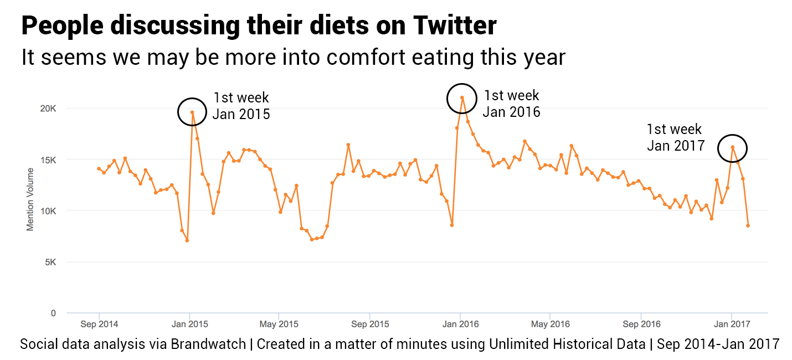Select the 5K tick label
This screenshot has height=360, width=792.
[50, 263]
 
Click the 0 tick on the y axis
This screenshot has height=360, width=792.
[53, 313]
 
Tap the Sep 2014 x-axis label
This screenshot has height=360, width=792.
[99, 324]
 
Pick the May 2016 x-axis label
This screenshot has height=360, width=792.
[551, 324]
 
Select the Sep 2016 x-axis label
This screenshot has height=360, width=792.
[641, 324]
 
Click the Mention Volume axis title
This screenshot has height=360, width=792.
[30, 200]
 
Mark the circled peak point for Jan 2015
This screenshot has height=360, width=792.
[192, 112]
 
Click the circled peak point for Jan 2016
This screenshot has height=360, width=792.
[462, 98]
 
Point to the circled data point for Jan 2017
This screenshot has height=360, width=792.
[732, 147]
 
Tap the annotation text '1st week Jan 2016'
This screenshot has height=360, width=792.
[511, 104]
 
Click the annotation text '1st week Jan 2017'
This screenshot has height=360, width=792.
[675, 137]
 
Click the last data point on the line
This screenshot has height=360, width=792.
[748, 225]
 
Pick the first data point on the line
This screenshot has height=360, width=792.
[99, 168]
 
